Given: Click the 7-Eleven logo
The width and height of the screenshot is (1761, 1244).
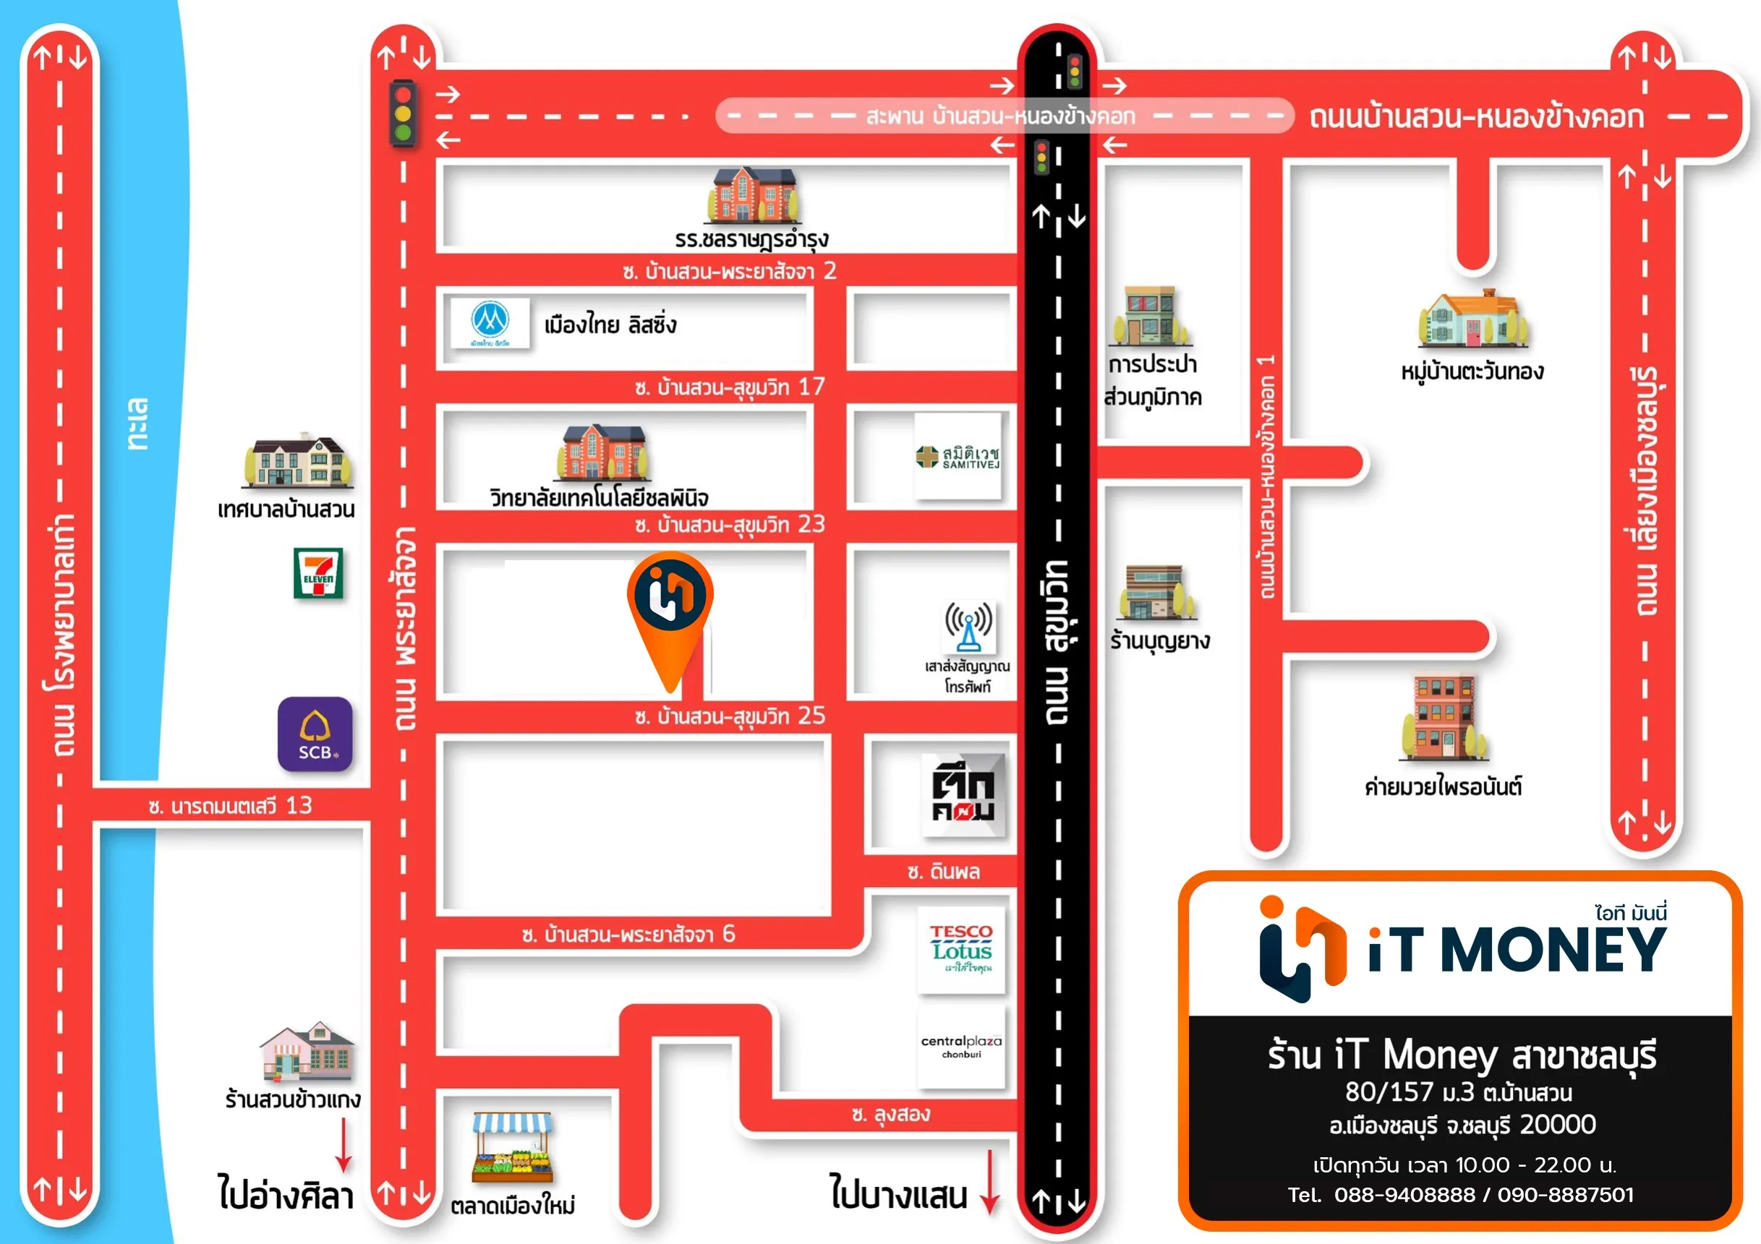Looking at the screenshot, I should (x=317, y=572).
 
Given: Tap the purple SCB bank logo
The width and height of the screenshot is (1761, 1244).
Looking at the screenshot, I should (x=315, y=734).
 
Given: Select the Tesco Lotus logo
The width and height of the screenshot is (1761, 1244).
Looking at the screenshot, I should (x=962, y=950).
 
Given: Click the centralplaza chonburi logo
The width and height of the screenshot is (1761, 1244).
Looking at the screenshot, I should (x=961, y=1046).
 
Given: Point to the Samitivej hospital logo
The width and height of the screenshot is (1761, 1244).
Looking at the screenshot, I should (x=958, y=457).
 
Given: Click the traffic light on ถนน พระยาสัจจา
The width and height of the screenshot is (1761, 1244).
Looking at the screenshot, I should (x=403, y=113).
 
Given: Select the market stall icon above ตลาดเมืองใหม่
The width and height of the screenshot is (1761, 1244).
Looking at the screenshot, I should (x=511, y=1147).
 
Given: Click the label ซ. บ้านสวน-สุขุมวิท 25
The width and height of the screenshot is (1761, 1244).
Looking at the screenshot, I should (x=730, y=716).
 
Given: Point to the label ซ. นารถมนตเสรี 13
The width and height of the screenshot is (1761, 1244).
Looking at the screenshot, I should (x=230, y=805).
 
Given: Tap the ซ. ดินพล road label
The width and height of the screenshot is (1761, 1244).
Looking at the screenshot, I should (x=942, y=872).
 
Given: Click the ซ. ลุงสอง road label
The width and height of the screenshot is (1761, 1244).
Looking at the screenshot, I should (x=890, y=1115).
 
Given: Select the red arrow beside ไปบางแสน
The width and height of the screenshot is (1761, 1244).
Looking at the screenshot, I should (x=990, y=1182).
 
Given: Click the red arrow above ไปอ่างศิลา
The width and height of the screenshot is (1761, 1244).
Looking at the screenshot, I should (x=344, y=1145).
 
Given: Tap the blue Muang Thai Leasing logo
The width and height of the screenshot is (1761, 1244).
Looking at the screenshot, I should (x=490, y=323).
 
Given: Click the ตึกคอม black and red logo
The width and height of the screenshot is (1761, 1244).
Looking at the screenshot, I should (x=963, y=795).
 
